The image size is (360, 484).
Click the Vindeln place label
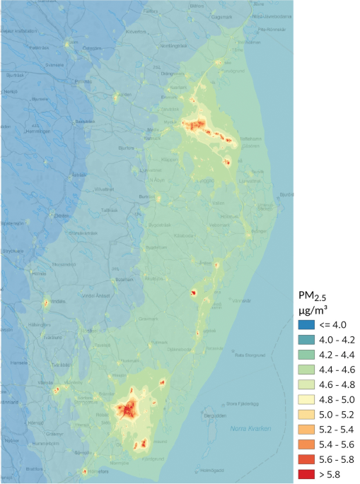click(57, 301)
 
